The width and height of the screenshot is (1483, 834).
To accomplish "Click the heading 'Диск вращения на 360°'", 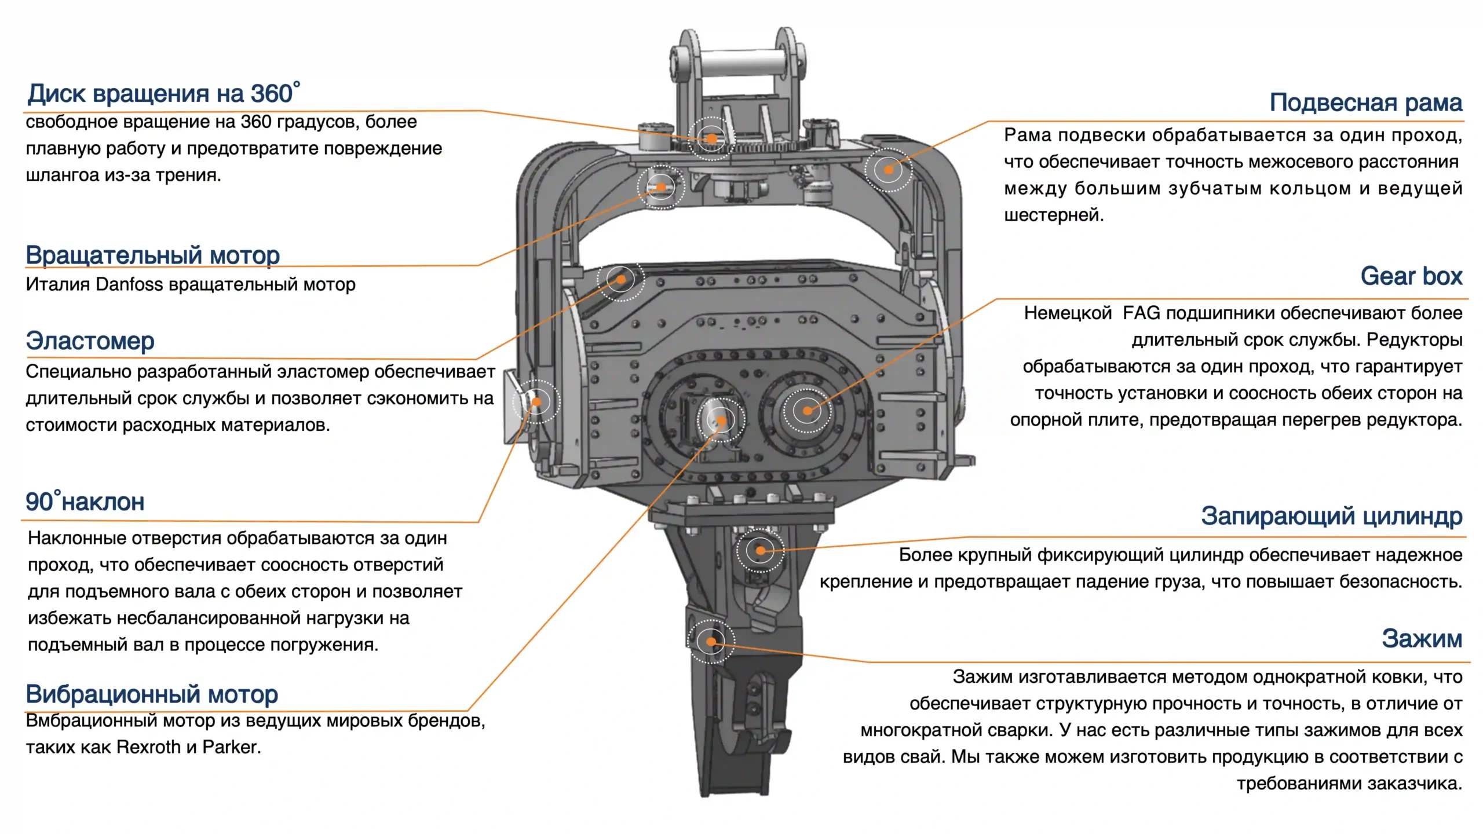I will [164, 93].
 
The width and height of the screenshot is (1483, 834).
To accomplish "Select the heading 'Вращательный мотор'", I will [153, 255].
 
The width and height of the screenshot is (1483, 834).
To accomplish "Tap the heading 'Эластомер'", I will [90, 341].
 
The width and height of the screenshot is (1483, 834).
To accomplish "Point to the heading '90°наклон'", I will [85, 502].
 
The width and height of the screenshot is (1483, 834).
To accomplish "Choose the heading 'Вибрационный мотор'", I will [152, 693].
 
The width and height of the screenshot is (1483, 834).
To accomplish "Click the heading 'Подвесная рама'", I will [1365, 103].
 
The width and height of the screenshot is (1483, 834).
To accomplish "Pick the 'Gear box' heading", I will [1411, 276].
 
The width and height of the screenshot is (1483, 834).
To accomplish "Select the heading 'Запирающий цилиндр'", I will [1331, 515].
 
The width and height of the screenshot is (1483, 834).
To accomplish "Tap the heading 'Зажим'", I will [1422, 638].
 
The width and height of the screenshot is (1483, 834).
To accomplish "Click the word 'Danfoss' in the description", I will [129, 284].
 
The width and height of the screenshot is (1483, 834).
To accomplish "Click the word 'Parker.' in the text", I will [232, 747].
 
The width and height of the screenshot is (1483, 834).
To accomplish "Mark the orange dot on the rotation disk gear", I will [711, 138].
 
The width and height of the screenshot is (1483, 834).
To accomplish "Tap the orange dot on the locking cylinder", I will [760, 550].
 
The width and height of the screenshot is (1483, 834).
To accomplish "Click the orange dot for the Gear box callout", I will [807, 411].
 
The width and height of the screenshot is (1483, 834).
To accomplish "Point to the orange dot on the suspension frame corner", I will [888, 170].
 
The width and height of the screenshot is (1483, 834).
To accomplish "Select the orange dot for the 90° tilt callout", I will [536, 401].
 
